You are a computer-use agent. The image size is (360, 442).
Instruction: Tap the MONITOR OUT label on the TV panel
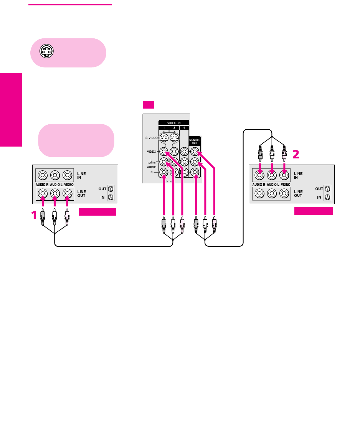[x=194, y=141]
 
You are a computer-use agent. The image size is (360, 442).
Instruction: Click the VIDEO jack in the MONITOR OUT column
[x=195, y=152]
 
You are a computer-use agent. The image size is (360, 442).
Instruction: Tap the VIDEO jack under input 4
[x=185, y=152]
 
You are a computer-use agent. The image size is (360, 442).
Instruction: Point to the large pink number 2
[x=296, y=155]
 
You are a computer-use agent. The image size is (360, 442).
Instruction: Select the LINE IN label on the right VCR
[x=298, y=175]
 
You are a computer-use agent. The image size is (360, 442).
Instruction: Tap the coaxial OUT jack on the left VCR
[x=111, y=189]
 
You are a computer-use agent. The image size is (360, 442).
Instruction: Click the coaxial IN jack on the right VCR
[x=327, y=198]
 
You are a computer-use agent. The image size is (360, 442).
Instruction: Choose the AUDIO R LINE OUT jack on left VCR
[x=42, y=193]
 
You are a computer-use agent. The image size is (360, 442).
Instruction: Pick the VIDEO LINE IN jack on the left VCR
[x=67, y=176]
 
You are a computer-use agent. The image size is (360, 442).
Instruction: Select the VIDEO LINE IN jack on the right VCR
[x=284, y=176]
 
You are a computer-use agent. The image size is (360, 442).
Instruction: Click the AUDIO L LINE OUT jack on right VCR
[x=272, y=194]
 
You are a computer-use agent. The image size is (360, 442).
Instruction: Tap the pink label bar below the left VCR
[x=97, y=212]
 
